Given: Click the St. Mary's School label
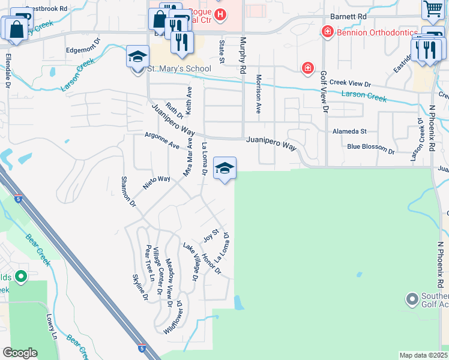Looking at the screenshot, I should pyautogui.click(x=179, y=68).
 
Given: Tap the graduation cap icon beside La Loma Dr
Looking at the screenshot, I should pyautogui.click(x=224, y=168).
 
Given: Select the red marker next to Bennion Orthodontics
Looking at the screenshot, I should pyautogui.click(x=328, y=31).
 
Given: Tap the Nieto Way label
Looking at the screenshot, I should pyautogui.click(x=156, y=182).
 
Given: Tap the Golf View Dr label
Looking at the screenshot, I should pyautogui.click(x=324, y=92).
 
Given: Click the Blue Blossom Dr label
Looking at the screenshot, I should pyautogui.click(x=370, y=148).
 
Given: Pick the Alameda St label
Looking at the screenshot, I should pyautogui.click(x=349, y=131).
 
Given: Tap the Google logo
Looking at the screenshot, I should pyautogui.click(x=20, y=353).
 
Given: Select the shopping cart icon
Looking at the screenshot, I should pyautogui.click(x=433, y=10).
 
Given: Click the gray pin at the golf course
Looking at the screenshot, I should pyautogui.click(x=412, y=298).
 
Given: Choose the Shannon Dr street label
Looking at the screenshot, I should pyautogui.click(x=129, y=192).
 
